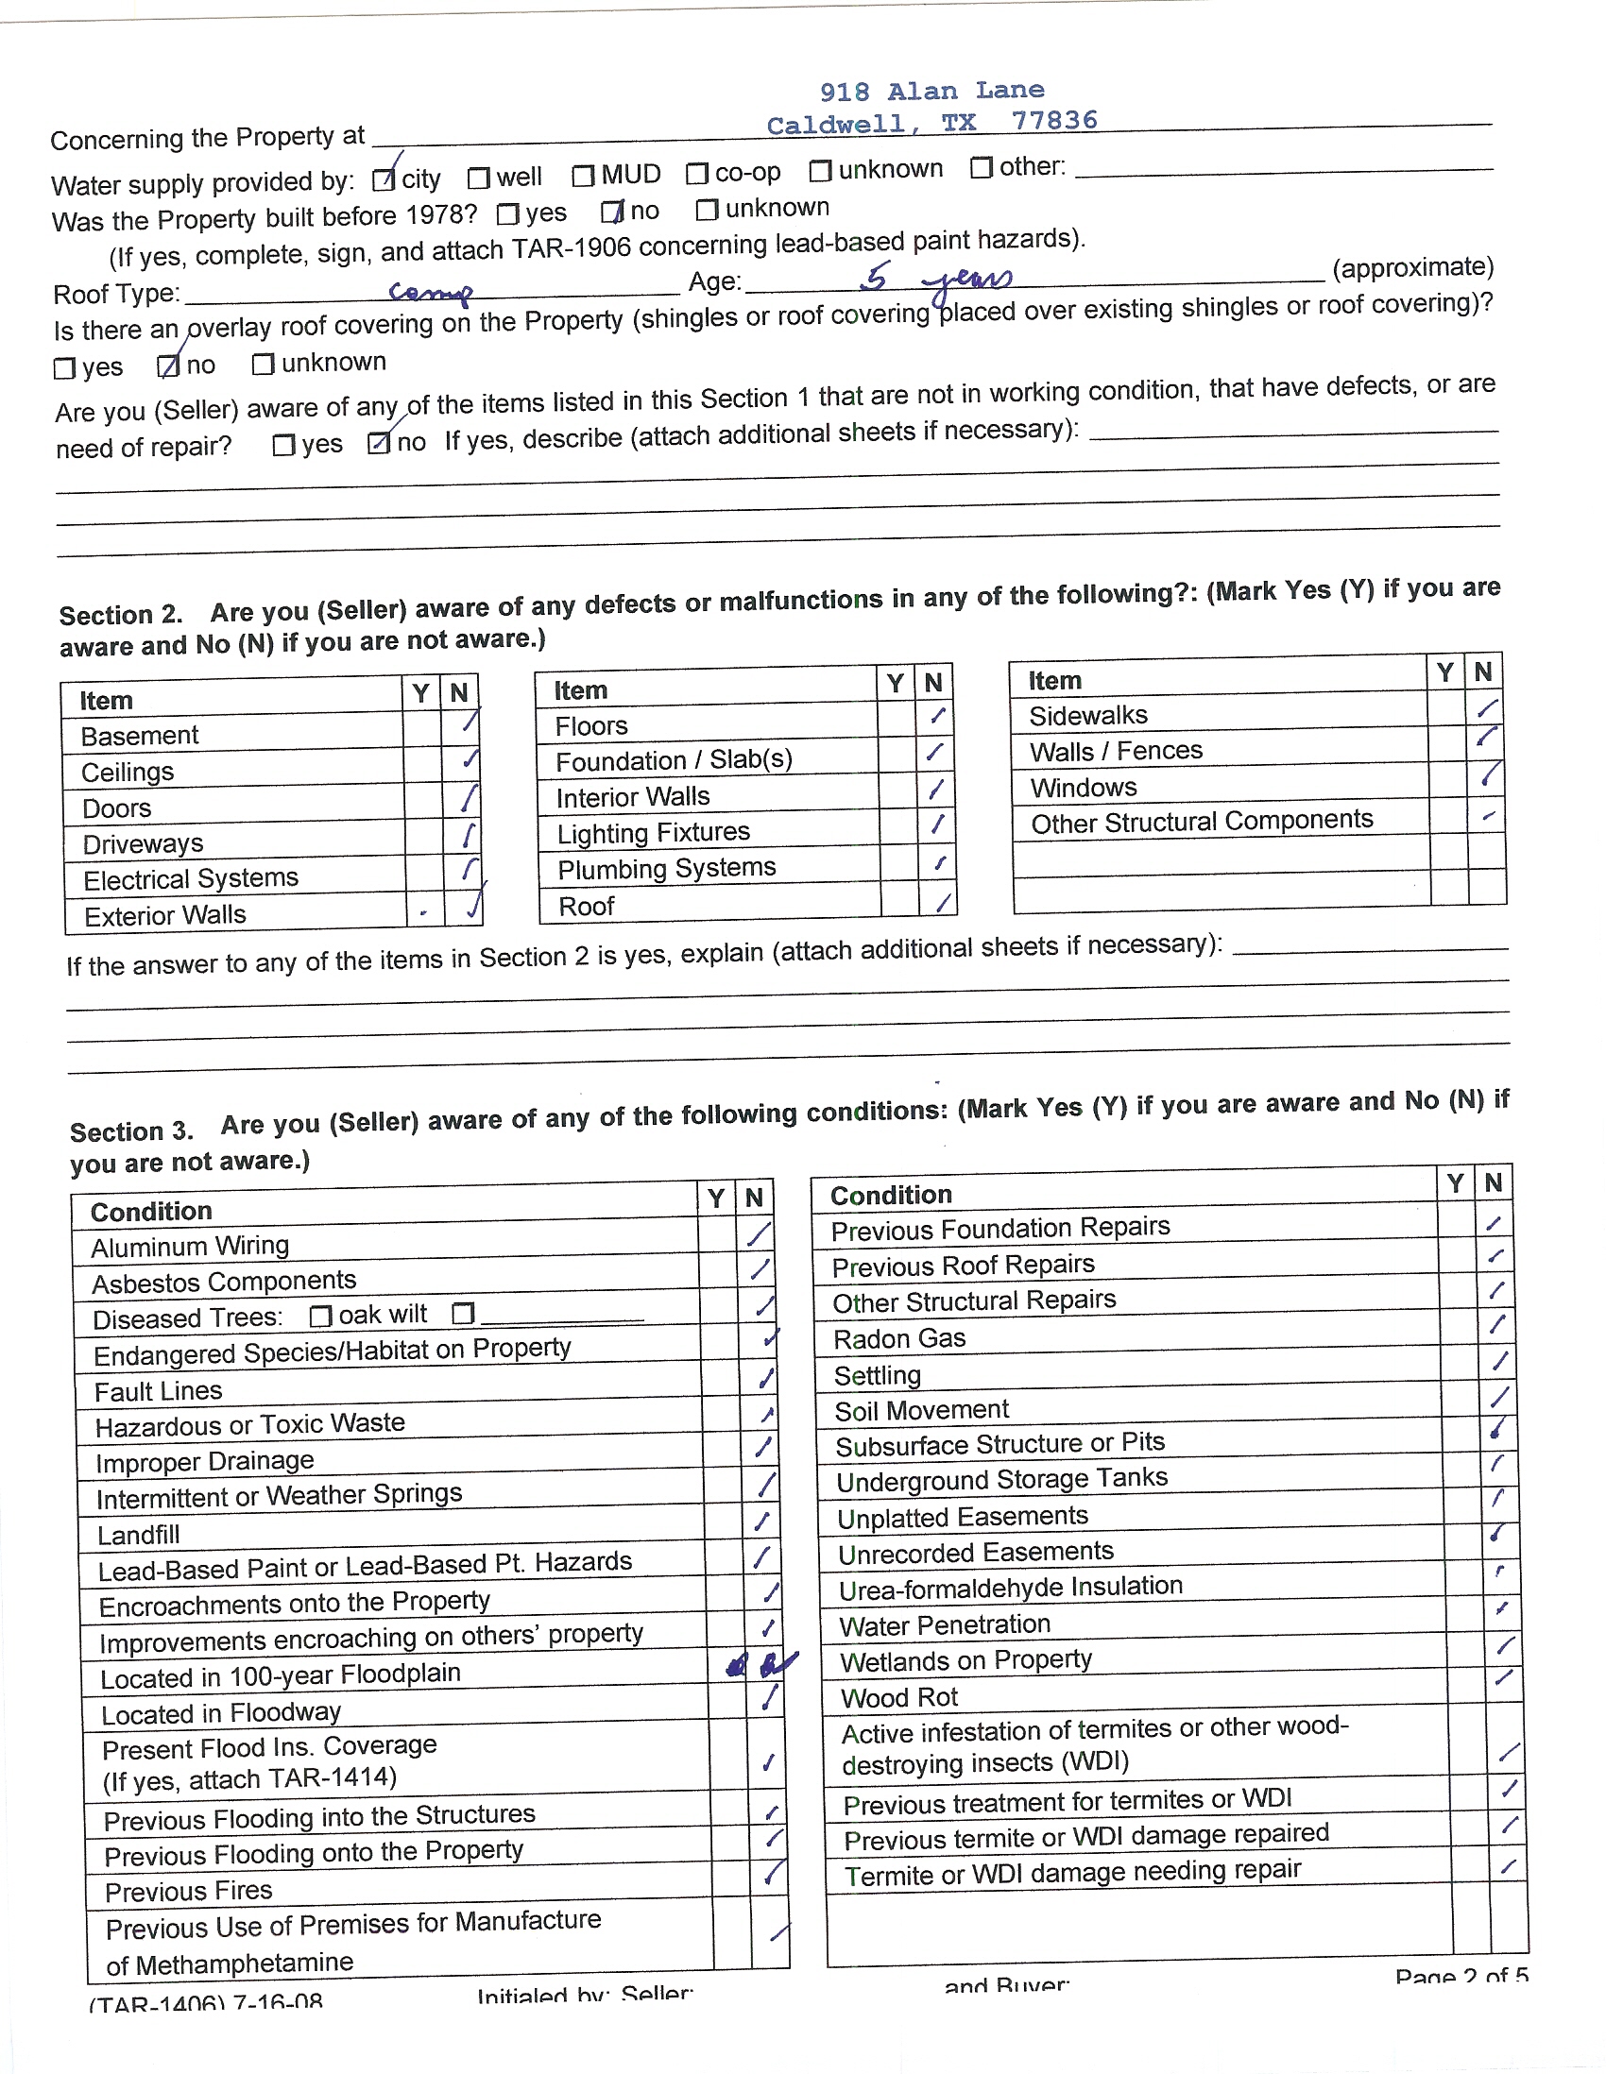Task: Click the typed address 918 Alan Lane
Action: click(x=931, y=92)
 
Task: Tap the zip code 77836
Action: click(x=1054, y=121)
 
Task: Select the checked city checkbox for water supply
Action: click(x=384, y=178)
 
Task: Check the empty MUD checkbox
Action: click(x=583, y=176)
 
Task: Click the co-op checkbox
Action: click(x=697, y=174)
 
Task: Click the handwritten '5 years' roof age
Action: click(x=936, y=279)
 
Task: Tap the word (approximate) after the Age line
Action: click(x=1412, y=268)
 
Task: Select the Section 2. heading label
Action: click(x=121, y=616)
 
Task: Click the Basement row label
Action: click(x=140, y=736)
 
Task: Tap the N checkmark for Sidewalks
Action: click(x=1487, y=708)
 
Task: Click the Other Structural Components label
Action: click(x=1202, y=822)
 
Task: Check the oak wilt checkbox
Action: click(x=321, y=1317)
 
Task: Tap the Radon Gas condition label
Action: click(x=899, y=1339)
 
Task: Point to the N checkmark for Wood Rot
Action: click(x=1503, y=1677)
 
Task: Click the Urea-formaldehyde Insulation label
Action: click(x=1011, y=1587)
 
